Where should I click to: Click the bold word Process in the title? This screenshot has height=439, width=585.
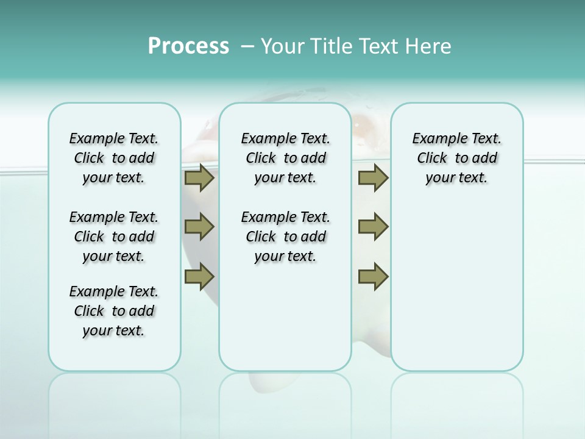(188, 46)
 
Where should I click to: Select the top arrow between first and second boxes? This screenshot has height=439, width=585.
(199, 178)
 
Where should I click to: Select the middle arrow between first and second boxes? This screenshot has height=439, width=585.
(199, 227)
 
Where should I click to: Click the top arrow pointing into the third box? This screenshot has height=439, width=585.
(373, 178)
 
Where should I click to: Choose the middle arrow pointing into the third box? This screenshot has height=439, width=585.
(373, 227)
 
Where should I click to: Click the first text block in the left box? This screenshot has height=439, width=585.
(114, 158)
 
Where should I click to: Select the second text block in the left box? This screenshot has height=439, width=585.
(114, 237)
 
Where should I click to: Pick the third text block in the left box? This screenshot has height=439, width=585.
(114, 311)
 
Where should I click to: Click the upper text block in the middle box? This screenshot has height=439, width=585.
(286, 158)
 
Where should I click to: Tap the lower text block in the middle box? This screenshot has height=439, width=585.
(286, 237)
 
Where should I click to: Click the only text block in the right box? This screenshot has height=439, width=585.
(457, 158)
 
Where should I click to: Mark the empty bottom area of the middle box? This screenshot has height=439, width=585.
(286, 323)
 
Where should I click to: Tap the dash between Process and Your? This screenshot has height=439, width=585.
(247, 46)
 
